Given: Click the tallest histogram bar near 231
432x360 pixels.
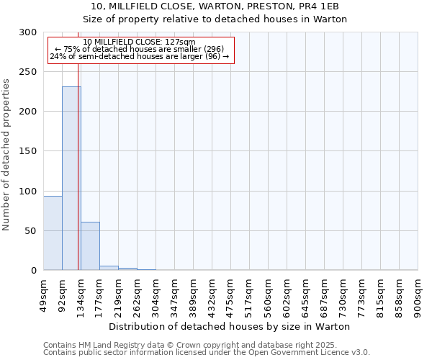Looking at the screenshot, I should [x=71, y=179].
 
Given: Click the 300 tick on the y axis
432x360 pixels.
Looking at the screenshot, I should [x=28, y=32].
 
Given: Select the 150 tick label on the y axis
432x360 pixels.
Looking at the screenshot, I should [x=28, y=151].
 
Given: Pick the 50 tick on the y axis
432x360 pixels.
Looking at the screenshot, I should [x=31, y=231].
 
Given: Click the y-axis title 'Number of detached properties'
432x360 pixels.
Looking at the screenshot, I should [x=6, y=155].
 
